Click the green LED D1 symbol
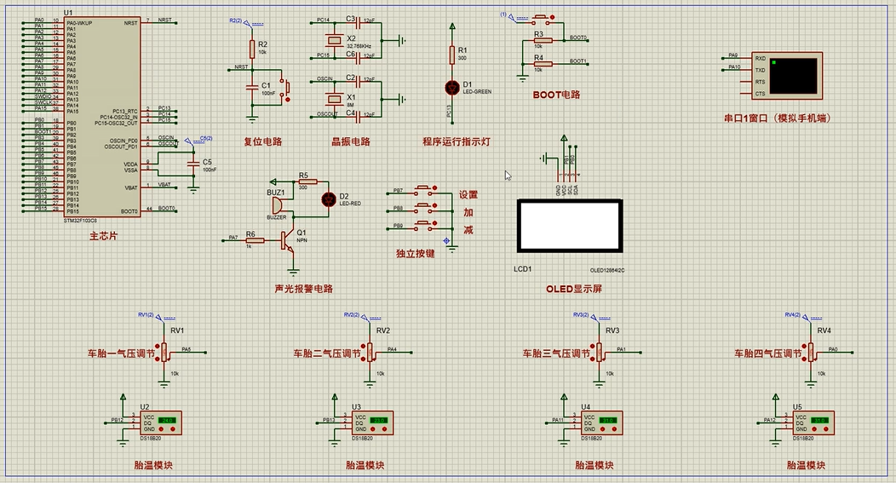point(452,87)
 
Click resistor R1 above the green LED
point(452,55)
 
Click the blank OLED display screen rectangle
point(569,226)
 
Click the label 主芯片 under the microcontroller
point(102,234)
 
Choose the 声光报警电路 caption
point(304,289)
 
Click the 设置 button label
point(468,194)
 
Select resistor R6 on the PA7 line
point(250,239)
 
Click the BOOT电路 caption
point(556,95)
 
